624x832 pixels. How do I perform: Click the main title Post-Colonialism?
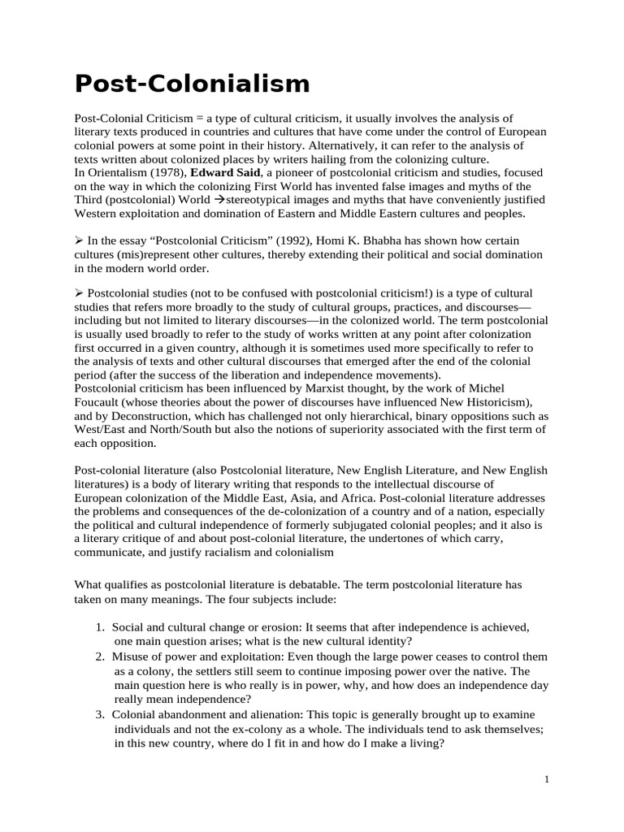point(193,84)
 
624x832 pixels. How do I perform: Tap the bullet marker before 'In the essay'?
point(79,240)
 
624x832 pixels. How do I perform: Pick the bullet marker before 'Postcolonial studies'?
point(79,292)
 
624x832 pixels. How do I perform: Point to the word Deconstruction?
point(145,417)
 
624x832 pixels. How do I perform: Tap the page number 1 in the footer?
point(547,779)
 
